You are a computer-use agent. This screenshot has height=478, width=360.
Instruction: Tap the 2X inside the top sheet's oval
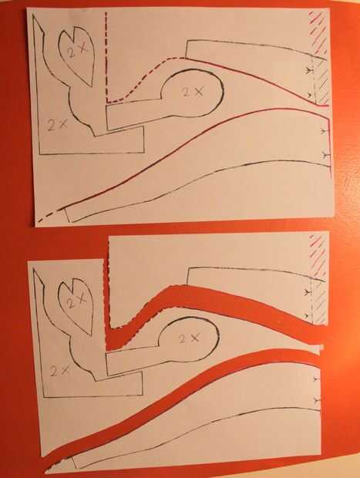(x=193, y=92)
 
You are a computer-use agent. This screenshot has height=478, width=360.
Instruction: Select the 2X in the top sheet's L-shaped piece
(x=57, y=124)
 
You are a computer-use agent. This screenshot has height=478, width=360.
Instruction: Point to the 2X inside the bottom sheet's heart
(x=76, y=301)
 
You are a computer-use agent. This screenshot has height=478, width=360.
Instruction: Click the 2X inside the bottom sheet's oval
(x=189, y=338)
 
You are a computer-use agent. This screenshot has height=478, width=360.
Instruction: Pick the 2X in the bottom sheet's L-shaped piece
(x=60, y=370)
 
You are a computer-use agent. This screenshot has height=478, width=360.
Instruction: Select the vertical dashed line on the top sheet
(x=106, y=57)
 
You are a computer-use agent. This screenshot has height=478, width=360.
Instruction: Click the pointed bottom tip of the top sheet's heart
(x=92, y=86)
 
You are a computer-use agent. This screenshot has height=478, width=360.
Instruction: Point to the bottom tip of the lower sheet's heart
(x=91, y=335)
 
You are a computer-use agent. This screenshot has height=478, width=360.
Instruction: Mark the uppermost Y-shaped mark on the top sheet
(x=308, y=71)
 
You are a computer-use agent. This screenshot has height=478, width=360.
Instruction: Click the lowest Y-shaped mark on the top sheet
(x=326, y=156)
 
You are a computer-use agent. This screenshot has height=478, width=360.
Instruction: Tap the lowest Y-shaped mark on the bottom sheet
(x=317, y=399)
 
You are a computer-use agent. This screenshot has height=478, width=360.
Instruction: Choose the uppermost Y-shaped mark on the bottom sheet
(x=306, y=292)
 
